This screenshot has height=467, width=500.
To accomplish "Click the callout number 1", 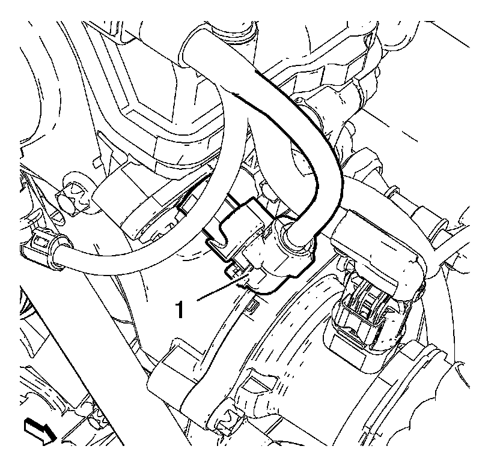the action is click(180, 310).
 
